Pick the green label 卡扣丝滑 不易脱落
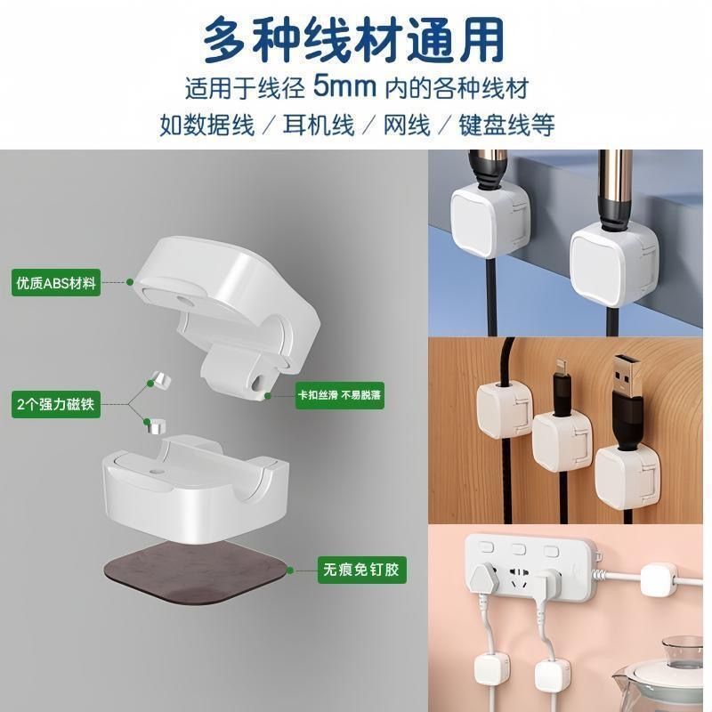click(340, 396)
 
